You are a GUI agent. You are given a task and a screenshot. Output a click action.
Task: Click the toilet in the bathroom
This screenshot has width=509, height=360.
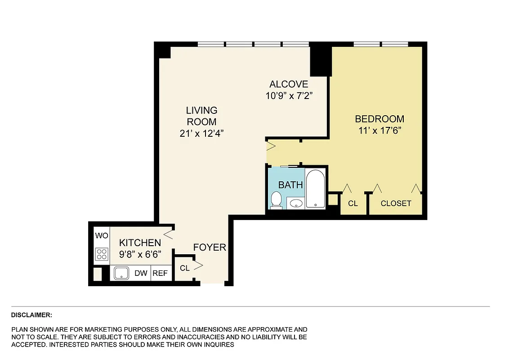click(x=276, y=200)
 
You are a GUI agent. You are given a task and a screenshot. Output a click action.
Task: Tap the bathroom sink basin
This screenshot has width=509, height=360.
click(x=295, y=203)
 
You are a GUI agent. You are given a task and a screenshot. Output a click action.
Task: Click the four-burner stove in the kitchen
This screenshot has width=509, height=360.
click(x=102, y=254)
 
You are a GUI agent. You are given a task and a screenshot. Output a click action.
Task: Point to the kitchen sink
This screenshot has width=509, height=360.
click(x=121, y=273)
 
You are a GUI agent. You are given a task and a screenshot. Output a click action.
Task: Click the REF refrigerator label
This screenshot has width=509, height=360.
click(x=160, y=273)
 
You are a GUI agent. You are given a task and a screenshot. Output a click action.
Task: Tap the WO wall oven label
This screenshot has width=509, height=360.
click(x=101, y=236)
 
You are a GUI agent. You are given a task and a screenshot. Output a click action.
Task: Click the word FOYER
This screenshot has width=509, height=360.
click(x=210, y=247)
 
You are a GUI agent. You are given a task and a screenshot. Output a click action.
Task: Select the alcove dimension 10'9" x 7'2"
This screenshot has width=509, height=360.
click(x=289, y=95)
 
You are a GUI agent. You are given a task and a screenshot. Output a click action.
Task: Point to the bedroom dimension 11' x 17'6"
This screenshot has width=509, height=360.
click(x=380, y=131)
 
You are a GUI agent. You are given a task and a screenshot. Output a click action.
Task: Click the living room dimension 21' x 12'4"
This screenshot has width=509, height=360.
click(x=201, y=133)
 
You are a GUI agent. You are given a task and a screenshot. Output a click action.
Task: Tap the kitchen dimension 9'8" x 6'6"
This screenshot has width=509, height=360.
click(x=140, y=254)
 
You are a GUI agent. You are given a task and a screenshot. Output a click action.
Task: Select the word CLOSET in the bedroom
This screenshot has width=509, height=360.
click(x=396, y=203)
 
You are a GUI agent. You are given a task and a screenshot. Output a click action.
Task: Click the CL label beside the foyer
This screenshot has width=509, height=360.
click(x=184, y=268)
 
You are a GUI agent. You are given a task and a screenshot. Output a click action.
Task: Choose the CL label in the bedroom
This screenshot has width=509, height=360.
click(x=353, y=203)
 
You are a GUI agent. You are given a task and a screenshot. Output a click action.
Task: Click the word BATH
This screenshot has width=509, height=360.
click(x=290, y=185)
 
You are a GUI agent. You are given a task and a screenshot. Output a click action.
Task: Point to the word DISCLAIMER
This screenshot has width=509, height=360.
click(x=31, y=315)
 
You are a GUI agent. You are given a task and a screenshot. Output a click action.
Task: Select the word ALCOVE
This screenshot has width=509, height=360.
click(x=289, y=84)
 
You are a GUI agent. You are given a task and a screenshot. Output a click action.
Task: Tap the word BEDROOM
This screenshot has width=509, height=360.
click(x=380, y=119)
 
